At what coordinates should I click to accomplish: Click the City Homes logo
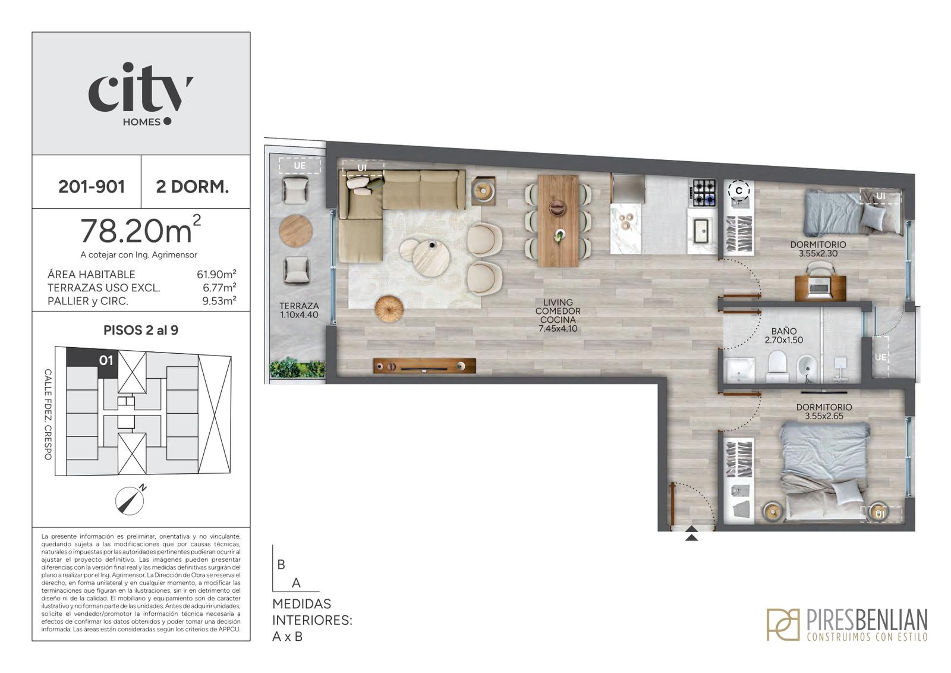[x=140, y=95]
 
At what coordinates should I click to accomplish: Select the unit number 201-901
[x=92, y=187]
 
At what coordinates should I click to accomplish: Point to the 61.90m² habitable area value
[x=216, y=274]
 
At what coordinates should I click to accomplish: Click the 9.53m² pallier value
[x=219, y=301]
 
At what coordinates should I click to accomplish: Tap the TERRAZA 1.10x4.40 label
[x=299, y=310]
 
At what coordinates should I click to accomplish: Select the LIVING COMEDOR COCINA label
[x=558, y=315]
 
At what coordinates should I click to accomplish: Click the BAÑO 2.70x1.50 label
[x=784, y=335]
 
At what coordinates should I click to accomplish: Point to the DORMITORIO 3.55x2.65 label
[x=824, y=411]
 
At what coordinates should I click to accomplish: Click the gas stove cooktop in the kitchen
[x=704, y=193]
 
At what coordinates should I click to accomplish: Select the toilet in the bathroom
[x=778, y=366]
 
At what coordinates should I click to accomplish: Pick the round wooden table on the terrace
[x=295, y=231]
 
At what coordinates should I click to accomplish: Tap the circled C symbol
[x=739, y=191]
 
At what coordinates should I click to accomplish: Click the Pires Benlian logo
[x=847, y=624]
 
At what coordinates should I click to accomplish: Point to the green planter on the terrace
[x=297, y=367]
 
